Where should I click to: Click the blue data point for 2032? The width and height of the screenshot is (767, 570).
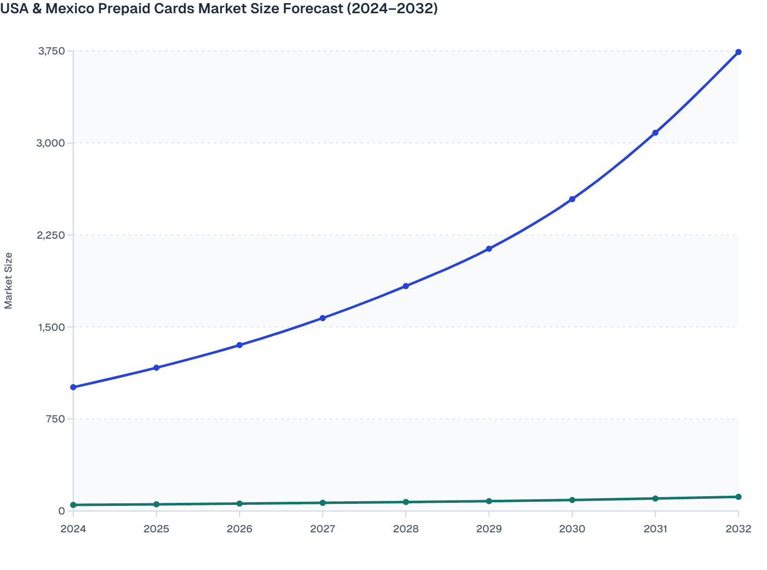tap(738, 52)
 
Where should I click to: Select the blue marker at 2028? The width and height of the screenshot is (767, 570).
tap(406, 286)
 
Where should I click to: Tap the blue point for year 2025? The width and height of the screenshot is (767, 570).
tap(156, 367)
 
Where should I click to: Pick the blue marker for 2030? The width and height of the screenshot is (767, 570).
tap(572, 199)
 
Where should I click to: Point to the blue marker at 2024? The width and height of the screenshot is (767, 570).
tap(73, 387)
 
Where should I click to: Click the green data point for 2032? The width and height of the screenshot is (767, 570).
tap(738, 497)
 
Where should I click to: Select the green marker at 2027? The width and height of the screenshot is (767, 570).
tap(322, 503)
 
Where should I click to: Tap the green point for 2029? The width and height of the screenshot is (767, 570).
tap(489, 501)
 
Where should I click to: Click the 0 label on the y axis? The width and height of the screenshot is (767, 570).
tap(62, 511)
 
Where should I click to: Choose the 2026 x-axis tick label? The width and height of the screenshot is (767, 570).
tap(239, 529)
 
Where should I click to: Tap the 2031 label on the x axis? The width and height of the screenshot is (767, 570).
tap(655, 529)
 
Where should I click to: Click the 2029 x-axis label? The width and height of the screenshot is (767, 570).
tap(489, 529)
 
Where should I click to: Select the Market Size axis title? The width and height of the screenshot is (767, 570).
tap(8, 280)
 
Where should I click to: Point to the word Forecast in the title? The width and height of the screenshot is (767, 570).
tap(311, 9)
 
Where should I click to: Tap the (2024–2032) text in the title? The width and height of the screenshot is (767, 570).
tap(392, 9)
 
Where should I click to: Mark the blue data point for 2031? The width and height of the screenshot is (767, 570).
tap(655, 132)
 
